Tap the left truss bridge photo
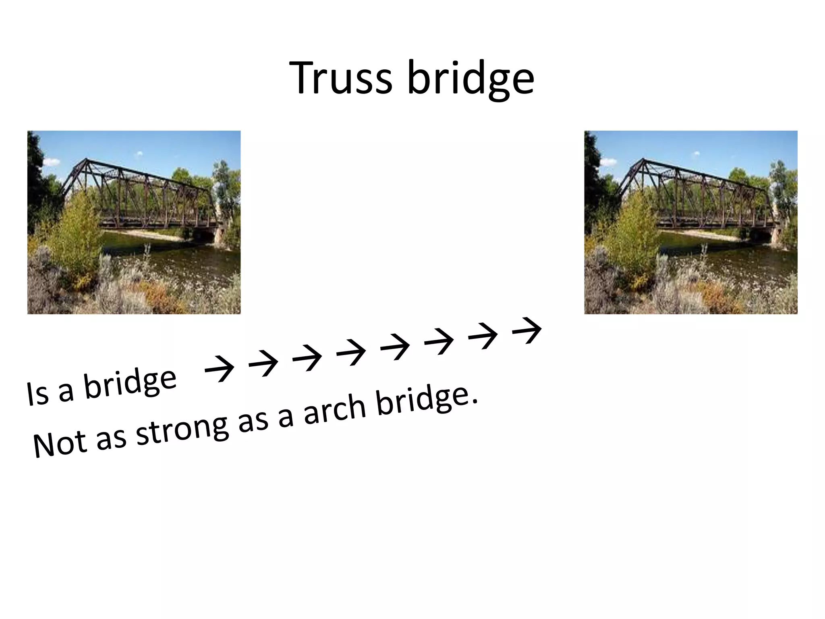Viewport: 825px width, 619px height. [134, 222]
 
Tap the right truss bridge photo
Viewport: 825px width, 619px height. [690, 222]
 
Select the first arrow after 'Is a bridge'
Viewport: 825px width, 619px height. [220, 368]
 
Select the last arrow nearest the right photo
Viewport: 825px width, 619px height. [527, 330]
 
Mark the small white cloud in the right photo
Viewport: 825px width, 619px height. [696, 154]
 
